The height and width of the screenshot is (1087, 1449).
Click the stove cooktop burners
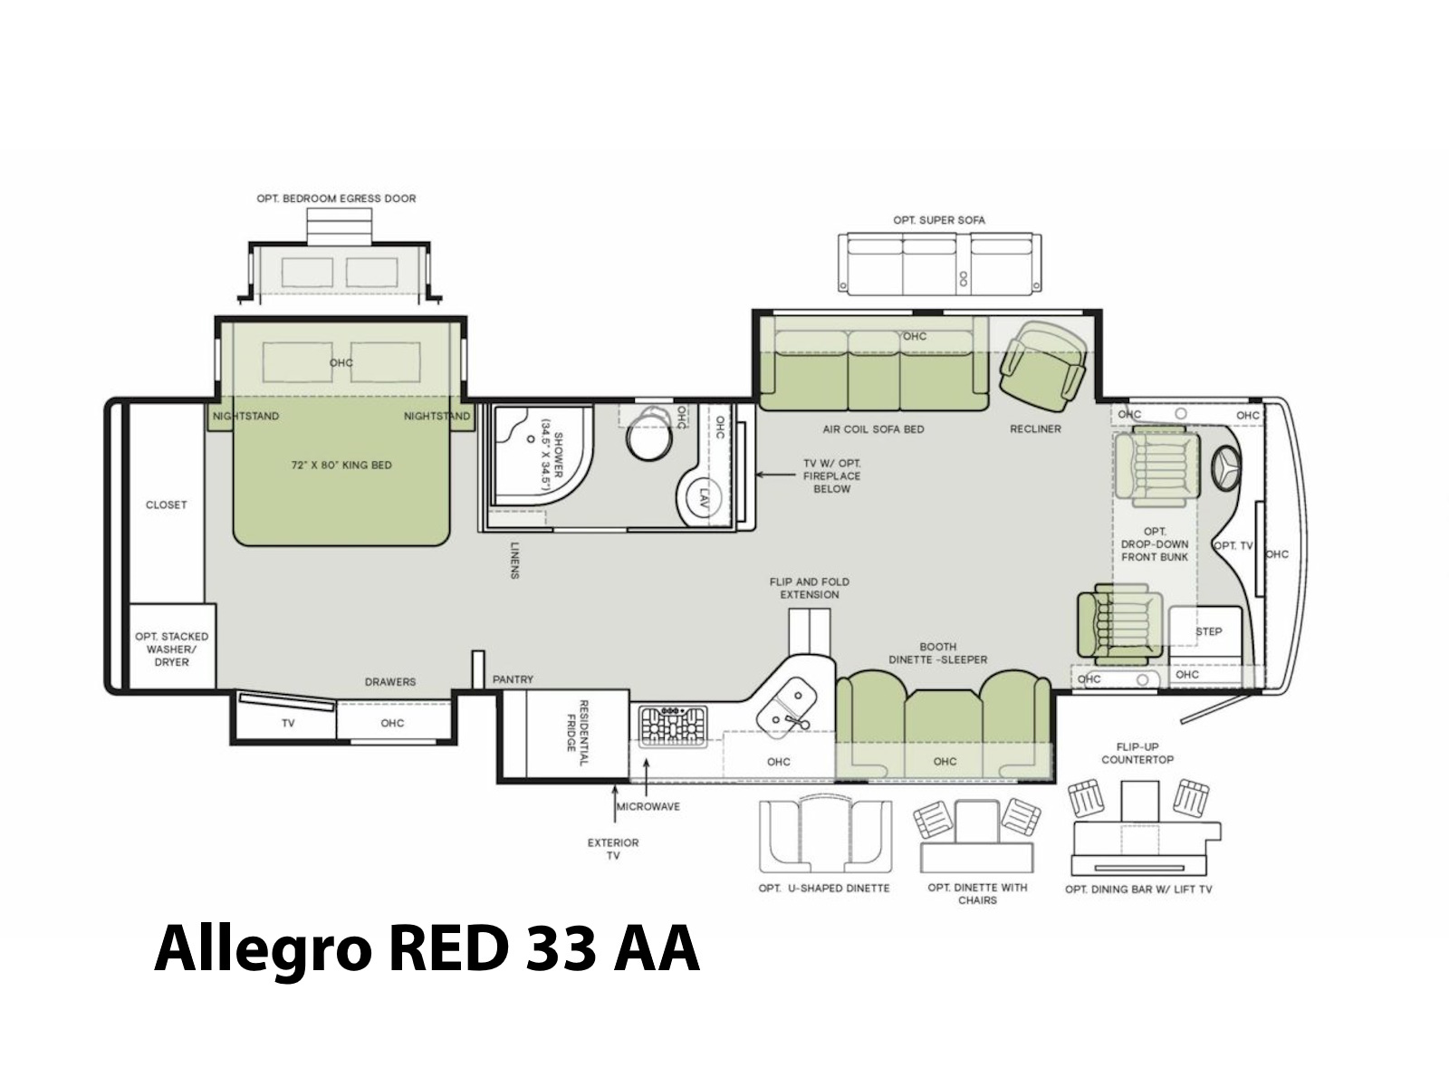click(x=673, y=726)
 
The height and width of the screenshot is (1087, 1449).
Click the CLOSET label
click(x=167, y=505)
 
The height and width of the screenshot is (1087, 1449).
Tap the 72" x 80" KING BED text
click(x=341, y=466)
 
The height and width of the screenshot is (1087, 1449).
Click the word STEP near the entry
click(x=1209, y=631)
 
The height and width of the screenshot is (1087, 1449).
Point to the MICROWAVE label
click(x=648, y=806)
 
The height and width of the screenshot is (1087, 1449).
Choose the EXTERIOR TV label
click(x=612, y=850)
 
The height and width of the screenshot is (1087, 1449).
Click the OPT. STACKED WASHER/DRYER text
click(x=172, y=649)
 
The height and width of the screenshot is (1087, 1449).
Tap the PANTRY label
click(x=513, y=679)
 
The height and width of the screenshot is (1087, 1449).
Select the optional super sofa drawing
click(x=939, y=264)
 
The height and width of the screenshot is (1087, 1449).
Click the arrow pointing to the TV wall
click(x=775, y=475)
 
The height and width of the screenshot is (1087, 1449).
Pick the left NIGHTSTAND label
click(x=245, y=417)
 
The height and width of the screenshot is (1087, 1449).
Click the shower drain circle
click(x=530, y=439)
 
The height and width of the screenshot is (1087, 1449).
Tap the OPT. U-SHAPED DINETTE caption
click(x=824, y=889)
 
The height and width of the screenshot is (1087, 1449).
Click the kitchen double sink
click(x=786, y=707)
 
